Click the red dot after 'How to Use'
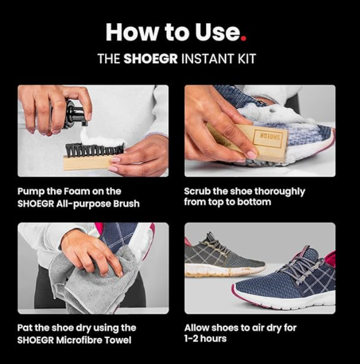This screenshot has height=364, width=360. pos(243,38)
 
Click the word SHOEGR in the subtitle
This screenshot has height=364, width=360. pos(150,58)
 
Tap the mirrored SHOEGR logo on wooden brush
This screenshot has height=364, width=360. pos(269,137)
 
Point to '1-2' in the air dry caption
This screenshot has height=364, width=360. pos(191,339)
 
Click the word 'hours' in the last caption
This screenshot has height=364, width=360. pos(213,339)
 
